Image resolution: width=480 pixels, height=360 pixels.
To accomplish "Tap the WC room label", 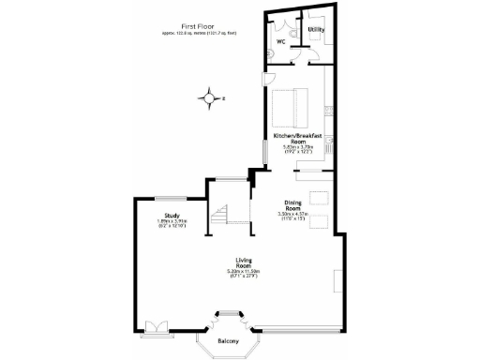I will pos(280,41).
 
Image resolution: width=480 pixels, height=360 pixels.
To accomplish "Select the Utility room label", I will pos(317,30).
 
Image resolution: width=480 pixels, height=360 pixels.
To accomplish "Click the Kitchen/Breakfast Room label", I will pos(298,139).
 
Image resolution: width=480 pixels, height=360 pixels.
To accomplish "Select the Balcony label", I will pos(229,340).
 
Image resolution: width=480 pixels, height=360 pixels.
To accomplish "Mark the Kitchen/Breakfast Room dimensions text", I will pos(298,150).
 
